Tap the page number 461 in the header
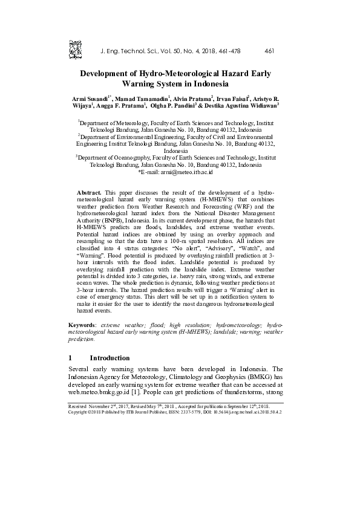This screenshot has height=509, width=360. point(270,51)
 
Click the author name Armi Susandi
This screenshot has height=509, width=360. point(90,98)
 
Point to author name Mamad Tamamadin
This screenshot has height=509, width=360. point(143,98)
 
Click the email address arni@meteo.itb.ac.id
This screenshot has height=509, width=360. point(186,172)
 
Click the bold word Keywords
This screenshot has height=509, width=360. point(83,325)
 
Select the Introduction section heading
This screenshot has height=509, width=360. point(110,358)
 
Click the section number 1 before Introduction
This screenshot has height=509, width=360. point(71,358)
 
